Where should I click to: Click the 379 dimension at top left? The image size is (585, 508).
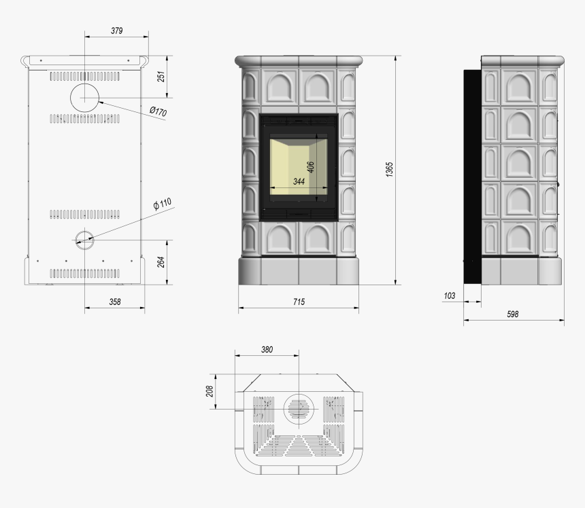[x=117, y=31]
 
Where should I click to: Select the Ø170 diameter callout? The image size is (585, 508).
[x=158, y=111]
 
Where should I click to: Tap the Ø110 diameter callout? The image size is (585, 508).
[x=163, y=204]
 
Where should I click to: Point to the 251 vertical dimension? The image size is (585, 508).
[x=161, y=77]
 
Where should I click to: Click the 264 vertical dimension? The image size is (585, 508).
[x=161, y=262]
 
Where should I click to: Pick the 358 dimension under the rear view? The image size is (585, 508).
[x=115, y=302]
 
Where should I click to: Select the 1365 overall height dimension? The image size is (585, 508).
[x=390, y=170]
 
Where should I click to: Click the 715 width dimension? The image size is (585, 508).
[x=299, y=302]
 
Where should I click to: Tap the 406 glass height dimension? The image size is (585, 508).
[x=310, y=167]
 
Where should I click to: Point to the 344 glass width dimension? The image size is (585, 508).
[x=299, y=181]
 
